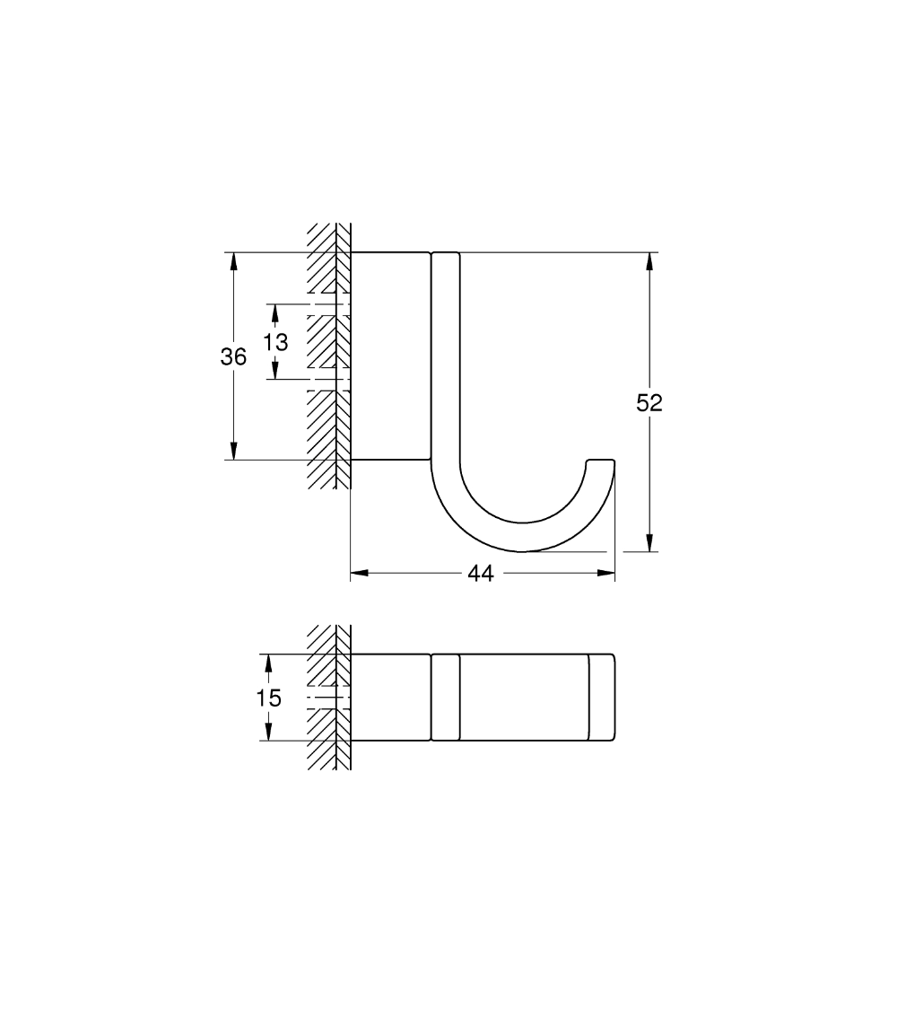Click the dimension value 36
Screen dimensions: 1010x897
pos(233,357)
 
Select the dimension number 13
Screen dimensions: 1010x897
pos(275,342)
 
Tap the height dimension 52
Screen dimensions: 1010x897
pos(649,403)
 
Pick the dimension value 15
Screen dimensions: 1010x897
pos(268,698)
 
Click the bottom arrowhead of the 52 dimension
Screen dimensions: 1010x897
pos(649,543)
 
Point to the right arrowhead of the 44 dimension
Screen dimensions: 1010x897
pos(606,573)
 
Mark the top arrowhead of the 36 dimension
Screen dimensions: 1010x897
pos(233,260)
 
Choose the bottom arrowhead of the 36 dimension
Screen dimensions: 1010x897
pos(233,452)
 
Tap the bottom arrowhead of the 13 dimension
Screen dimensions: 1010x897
pos(275,371)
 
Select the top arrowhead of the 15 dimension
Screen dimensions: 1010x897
pos(266,662)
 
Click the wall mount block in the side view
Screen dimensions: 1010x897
pos(389,356)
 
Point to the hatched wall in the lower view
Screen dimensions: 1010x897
pos(328,698)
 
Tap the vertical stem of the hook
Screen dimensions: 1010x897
pos(446,359)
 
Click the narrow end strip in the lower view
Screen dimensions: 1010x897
pos(601,698)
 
